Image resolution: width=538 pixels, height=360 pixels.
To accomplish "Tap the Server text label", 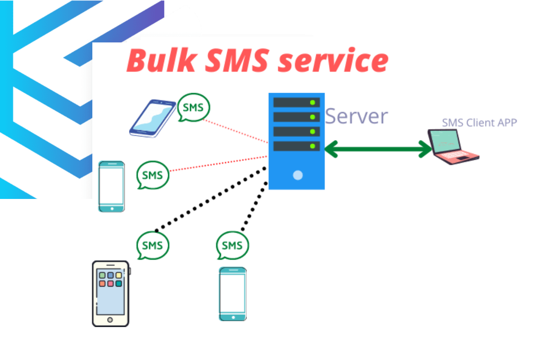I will [x=356, y=116].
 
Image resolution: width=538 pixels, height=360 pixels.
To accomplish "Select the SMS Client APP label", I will [x=479, y=122].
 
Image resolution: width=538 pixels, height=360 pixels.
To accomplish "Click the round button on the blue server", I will [x=298, y=175].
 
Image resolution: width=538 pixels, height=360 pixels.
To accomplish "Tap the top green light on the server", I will [x=312, y=102].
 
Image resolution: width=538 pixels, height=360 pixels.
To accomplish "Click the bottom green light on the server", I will [x=312, y=146].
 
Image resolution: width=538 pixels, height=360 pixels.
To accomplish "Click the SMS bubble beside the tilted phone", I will [x=193, y=107].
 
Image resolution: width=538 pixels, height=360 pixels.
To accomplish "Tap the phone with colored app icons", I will [x=110, y=293].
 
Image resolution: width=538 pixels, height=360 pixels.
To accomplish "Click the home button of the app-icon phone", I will [x=110, y=320].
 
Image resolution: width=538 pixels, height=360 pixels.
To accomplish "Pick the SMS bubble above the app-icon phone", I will [x=153, y=245].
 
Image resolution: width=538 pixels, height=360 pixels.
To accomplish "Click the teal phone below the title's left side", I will [x=111, y=187].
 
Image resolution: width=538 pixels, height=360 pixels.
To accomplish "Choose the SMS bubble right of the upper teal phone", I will [x=153, y=175].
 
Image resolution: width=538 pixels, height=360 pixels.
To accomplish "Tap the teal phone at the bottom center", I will [x=233, y=294].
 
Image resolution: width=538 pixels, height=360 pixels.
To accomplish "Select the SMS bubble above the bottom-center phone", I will [x=232, y=245].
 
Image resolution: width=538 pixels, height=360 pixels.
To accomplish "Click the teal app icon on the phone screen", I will [x=119, y=284].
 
